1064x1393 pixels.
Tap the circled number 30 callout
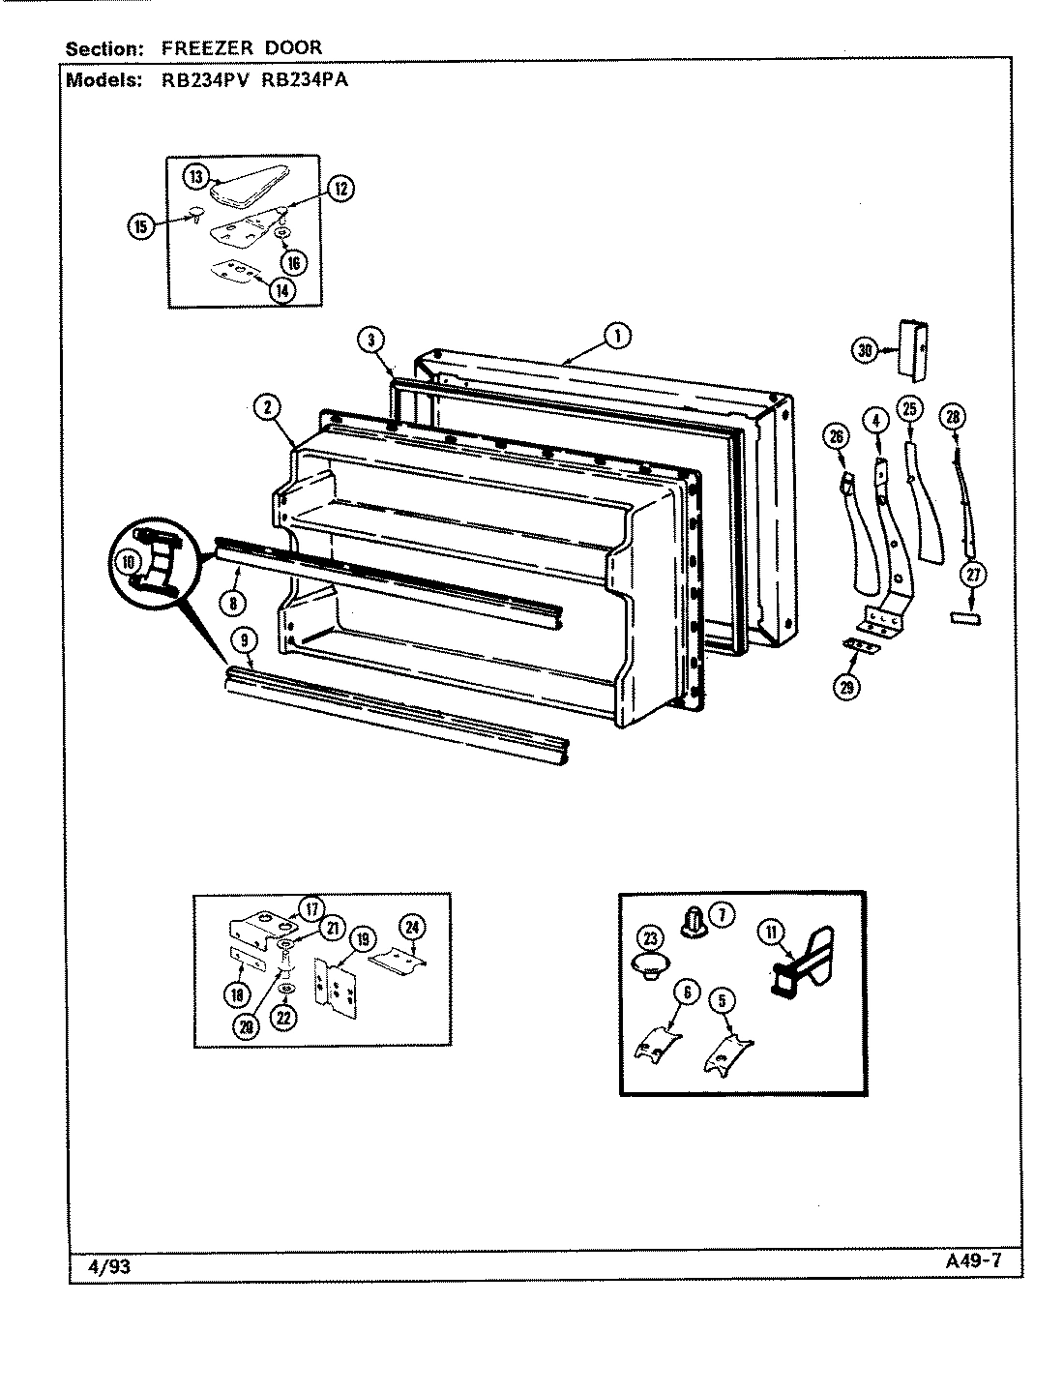click(x=866, y=351)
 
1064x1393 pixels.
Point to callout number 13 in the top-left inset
click(x=196, y=176)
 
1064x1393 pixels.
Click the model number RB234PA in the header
click(x=305, y=80)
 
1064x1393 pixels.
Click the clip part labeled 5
click(x=726, y=1055)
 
